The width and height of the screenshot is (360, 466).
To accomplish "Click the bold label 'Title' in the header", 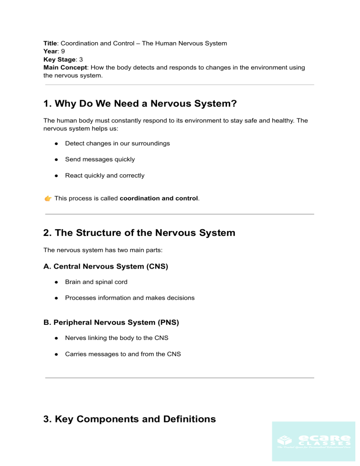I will pyautogui.click(x=50, y=43).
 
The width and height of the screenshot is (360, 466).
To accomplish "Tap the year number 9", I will pyautogui.click(x=63, y=52).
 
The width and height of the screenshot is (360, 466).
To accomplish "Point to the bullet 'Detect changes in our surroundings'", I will pyautogui.click(x=117, y=143).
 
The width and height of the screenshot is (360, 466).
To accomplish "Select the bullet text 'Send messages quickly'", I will pyautogui.click(x=100, y=159).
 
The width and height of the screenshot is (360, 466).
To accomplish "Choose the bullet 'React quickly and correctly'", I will pyautogui.click(x=105, y=175).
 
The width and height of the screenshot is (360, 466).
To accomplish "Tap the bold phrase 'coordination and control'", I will pyautogui.click(x=159, y=199).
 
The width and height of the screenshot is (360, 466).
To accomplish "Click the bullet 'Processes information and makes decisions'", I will pyautogui.click(x=129, y=298).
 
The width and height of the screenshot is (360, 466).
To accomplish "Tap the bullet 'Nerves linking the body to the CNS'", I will pyautogui.click(x=117, y=338).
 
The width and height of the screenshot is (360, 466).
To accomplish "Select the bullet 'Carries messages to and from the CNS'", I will pyautogui.click(x=123, y=354).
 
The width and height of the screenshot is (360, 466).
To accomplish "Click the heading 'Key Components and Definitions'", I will pyautogui.click(x=129, y=419).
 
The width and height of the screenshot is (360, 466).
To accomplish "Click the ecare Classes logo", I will pyautogui.click(x=313, y=441).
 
